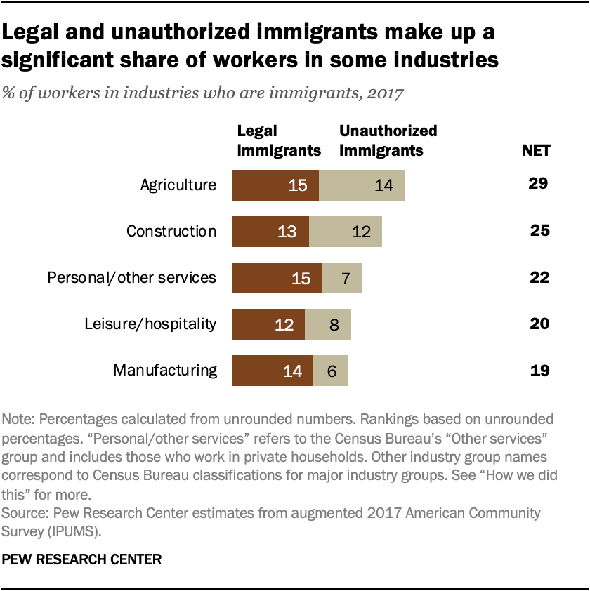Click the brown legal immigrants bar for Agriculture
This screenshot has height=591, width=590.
[x=275, y=185]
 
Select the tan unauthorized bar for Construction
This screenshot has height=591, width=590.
[x=345, y=232]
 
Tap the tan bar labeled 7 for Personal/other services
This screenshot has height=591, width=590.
[x=341, y=278]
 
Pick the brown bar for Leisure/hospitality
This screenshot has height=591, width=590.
[x=268, y=324]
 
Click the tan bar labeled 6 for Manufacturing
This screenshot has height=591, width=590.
[x=330, y=371]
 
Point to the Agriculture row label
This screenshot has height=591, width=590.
[x=178, y=185]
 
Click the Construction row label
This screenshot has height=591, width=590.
[x=171, y=232]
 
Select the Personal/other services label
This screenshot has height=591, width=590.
[x=131, y=278]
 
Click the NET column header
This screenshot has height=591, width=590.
[x=536, y=150]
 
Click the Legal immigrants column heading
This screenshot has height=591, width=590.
[x=279, y=140]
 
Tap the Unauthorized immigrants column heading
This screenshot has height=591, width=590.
[x=388, y=140]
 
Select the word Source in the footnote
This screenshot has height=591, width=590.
[x=23, y=513]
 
